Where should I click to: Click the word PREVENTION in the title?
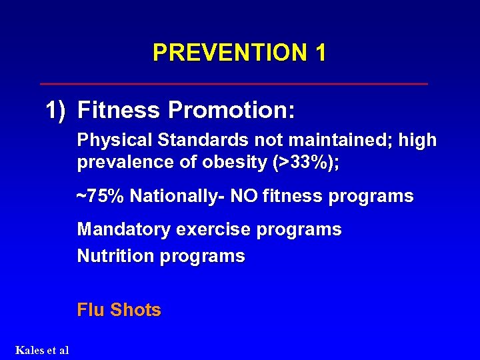[x=225, y=53]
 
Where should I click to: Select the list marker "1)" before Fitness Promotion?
[x=56, y=110]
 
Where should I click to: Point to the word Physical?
[x=114, y=141]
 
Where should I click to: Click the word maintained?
[x=335, y=141]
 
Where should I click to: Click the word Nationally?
[x=176, y=197]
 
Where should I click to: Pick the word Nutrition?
[x=114, y=256]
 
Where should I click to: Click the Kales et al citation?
[x=42, y=350]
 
